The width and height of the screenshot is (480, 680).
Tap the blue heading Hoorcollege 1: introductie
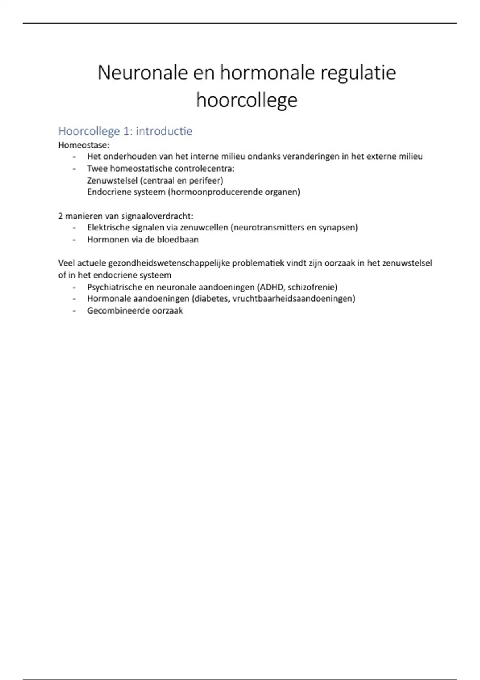tap(125, 131)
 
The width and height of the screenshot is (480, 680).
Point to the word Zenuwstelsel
tap(112, 180)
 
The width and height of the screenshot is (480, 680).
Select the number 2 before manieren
tap(61, 216)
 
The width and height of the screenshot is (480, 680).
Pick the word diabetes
tap(211, 298)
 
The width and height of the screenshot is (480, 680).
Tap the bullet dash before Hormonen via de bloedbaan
tap(74, 240)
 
